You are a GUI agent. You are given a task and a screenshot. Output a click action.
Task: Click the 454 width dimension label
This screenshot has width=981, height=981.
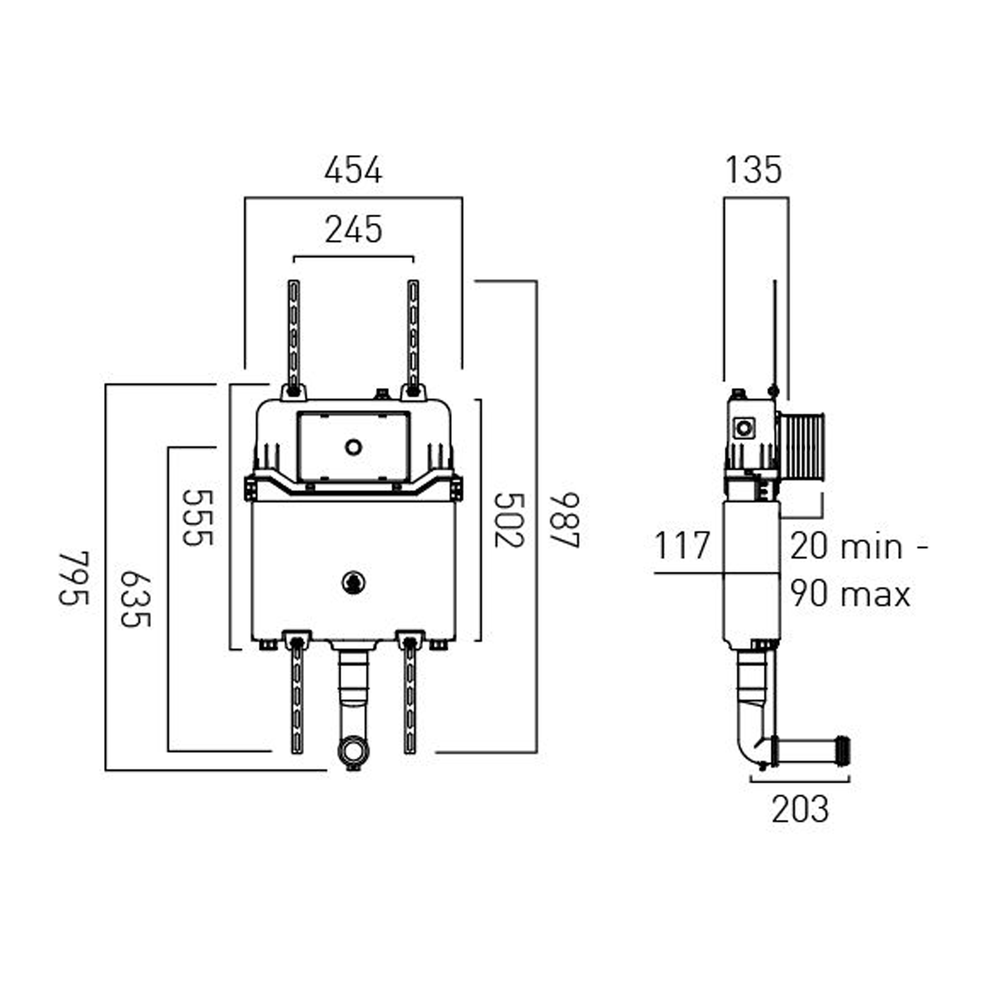[x=353, y=170]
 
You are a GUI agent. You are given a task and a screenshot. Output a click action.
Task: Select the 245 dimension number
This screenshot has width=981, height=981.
[x=353, y=230]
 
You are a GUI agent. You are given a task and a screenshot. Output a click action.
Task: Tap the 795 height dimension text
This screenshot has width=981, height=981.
[x=74, y=578]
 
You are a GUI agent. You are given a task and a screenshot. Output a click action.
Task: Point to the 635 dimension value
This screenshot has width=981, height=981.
[x=136, y=599]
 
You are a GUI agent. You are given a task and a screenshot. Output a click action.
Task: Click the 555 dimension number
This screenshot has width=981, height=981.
[x=198, y=517]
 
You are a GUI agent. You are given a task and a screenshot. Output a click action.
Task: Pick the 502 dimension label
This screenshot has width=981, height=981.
[x=509, y=520]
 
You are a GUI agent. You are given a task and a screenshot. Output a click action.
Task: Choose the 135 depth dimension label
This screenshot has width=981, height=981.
[x=753, y=170]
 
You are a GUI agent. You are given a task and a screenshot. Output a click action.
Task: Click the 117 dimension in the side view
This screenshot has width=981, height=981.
[x=682, y=546]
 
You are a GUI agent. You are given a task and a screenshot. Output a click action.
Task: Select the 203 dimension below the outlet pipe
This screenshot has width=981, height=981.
[x=800, y=810]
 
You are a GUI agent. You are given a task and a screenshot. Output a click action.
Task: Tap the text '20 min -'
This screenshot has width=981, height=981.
[x=859, y=546]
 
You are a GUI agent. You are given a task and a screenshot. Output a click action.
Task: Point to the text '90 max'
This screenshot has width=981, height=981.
[x=850, y=594]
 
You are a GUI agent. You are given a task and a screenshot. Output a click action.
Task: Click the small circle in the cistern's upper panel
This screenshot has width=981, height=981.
[x=354, y=447]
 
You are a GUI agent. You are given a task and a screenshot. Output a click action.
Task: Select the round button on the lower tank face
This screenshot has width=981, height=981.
[x=353, y=582]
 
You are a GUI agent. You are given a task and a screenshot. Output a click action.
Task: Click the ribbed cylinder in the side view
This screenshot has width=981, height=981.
[x=801, y=446]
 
